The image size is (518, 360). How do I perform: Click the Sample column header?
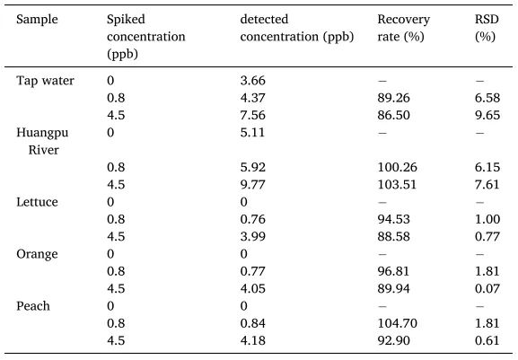click(x=37, y=20)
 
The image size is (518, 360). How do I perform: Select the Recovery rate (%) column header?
click(x=404, y=28)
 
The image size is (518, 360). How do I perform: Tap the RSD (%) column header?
click(x=487, y=28)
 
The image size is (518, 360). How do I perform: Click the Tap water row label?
click(x=45, y=81)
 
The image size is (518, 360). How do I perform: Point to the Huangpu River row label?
click(x=42, y=141)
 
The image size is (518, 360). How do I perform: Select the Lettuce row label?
click(x=37, y=202)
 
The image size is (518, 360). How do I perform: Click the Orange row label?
click(x=37, y=254)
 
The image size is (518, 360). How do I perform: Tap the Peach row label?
click(x=33, y=306)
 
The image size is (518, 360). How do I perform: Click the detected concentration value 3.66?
click(x=253, y=81)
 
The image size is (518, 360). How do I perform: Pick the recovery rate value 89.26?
click(x=393, y=98)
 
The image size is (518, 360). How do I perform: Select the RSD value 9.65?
click(x=487, y=115)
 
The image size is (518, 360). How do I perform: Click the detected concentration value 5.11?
click(x=252, y=133)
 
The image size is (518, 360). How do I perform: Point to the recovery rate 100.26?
click(x=397, y=168)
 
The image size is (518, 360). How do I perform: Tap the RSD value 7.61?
click(x=487, y=185)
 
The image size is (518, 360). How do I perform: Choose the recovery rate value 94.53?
click(x=393, y=219)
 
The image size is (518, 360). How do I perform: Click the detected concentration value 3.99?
click(x=253, y=237)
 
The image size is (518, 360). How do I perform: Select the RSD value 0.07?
click(x=487, y=289)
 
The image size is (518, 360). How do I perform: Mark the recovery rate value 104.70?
click(x=397, y=323)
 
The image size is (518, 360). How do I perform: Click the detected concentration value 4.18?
click(x=253, y=341)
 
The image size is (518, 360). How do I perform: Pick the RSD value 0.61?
click(x=487, y=341)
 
